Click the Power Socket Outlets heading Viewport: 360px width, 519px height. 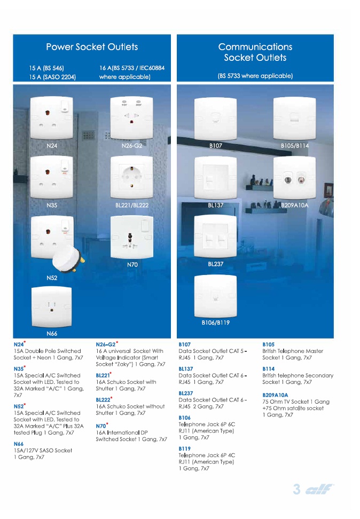(92, 47)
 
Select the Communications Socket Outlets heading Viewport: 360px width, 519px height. (255, 52)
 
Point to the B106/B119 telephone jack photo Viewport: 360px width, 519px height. (215, 295)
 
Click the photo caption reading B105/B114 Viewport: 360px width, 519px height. (295, 145)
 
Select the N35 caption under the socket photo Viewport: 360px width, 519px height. (52, 205)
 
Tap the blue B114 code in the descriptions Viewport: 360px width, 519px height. (268, 369)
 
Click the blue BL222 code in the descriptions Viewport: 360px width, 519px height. (104, 400)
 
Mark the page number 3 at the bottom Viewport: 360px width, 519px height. (297, 489)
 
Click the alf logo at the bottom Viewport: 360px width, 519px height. (319, 490)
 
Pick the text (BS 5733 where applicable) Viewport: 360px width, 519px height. (255, 76)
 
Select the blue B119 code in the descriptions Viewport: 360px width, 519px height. (184, 449)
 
